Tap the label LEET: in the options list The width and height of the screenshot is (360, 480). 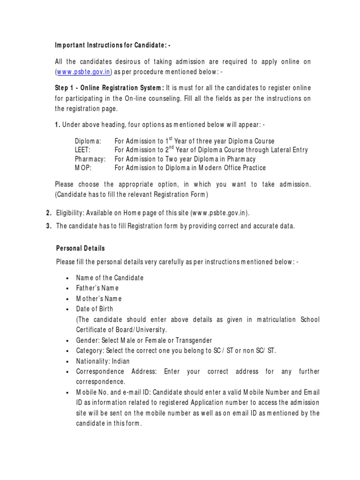coord(82,150)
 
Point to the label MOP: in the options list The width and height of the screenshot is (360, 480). coord(82,168)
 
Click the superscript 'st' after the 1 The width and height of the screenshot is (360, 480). coord(171,139)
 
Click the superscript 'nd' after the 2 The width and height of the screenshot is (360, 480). coord(172,148)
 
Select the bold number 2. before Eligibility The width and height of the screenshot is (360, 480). coord(49,213)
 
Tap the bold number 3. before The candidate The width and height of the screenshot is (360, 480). coord(49,226)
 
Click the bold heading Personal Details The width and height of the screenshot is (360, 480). coord(81,248)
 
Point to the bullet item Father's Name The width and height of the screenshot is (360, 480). coord(97,288)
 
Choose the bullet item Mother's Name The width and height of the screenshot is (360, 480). coord(99,299)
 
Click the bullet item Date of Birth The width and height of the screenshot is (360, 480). coord(95,309)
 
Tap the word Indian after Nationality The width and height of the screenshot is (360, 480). coord(120,361)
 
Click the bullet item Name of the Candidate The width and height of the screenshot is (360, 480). coord(110,277)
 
